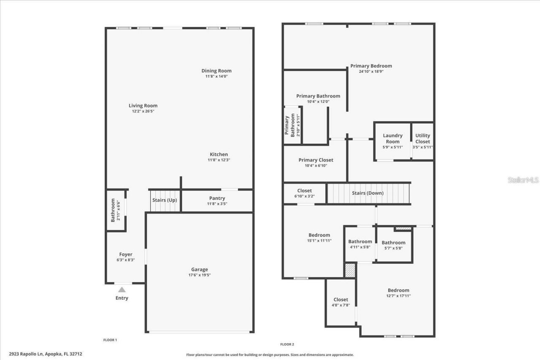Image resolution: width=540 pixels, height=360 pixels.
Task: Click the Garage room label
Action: click(x=200, y=270)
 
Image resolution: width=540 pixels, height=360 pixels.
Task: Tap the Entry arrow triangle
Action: click(x=122, y=290)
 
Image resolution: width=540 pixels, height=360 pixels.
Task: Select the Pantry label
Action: click(x=217, y=198)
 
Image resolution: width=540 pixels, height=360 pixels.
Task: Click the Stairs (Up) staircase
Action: click(x=165, y=200)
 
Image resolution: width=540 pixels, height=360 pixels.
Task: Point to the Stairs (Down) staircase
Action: click(x=368, y=193)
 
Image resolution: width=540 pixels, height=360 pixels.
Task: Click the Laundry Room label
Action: click(x=393, y=139)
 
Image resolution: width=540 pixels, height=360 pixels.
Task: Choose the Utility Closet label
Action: click(x=422, y=139)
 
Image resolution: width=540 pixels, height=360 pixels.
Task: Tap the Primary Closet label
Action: click(x=316, y=160)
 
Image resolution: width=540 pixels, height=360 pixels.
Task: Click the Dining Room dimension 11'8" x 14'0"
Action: click(x=216, y=76)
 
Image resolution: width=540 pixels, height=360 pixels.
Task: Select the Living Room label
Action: click(x=143, y=106)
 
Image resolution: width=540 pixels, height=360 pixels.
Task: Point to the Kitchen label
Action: click(x=219, y=154)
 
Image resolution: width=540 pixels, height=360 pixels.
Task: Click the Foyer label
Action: click(x=126, y=254)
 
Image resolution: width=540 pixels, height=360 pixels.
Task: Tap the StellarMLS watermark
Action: click(x=523, y=180)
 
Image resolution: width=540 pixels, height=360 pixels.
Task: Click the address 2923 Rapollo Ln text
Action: click(x=46, y=354)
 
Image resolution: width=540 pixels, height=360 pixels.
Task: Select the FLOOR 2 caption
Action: click(x=287, y=344)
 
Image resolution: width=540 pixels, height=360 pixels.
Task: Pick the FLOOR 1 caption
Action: click(x=110, y=340)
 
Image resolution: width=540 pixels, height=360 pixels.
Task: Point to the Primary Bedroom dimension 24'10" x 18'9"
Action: click(x=371, y=71)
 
